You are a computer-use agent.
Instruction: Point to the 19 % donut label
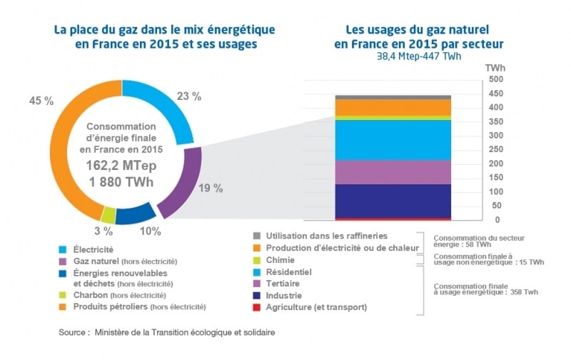tap(213, 189)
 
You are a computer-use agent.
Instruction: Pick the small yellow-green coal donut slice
tap(108, 214)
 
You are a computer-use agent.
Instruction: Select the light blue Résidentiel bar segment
tap(383, 140)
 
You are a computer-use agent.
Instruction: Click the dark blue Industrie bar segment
tap(383, 200)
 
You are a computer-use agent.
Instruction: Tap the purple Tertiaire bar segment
tap(383, 171)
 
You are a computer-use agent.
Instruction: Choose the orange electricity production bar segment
tap(383, 107)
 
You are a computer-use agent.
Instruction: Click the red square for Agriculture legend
tap(256, 308)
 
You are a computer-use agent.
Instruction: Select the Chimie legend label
tap(281, 260)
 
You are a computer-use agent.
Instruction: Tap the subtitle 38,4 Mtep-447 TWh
tap(419, 56)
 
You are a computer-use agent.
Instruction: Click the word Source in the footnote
tap(74, 333)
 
